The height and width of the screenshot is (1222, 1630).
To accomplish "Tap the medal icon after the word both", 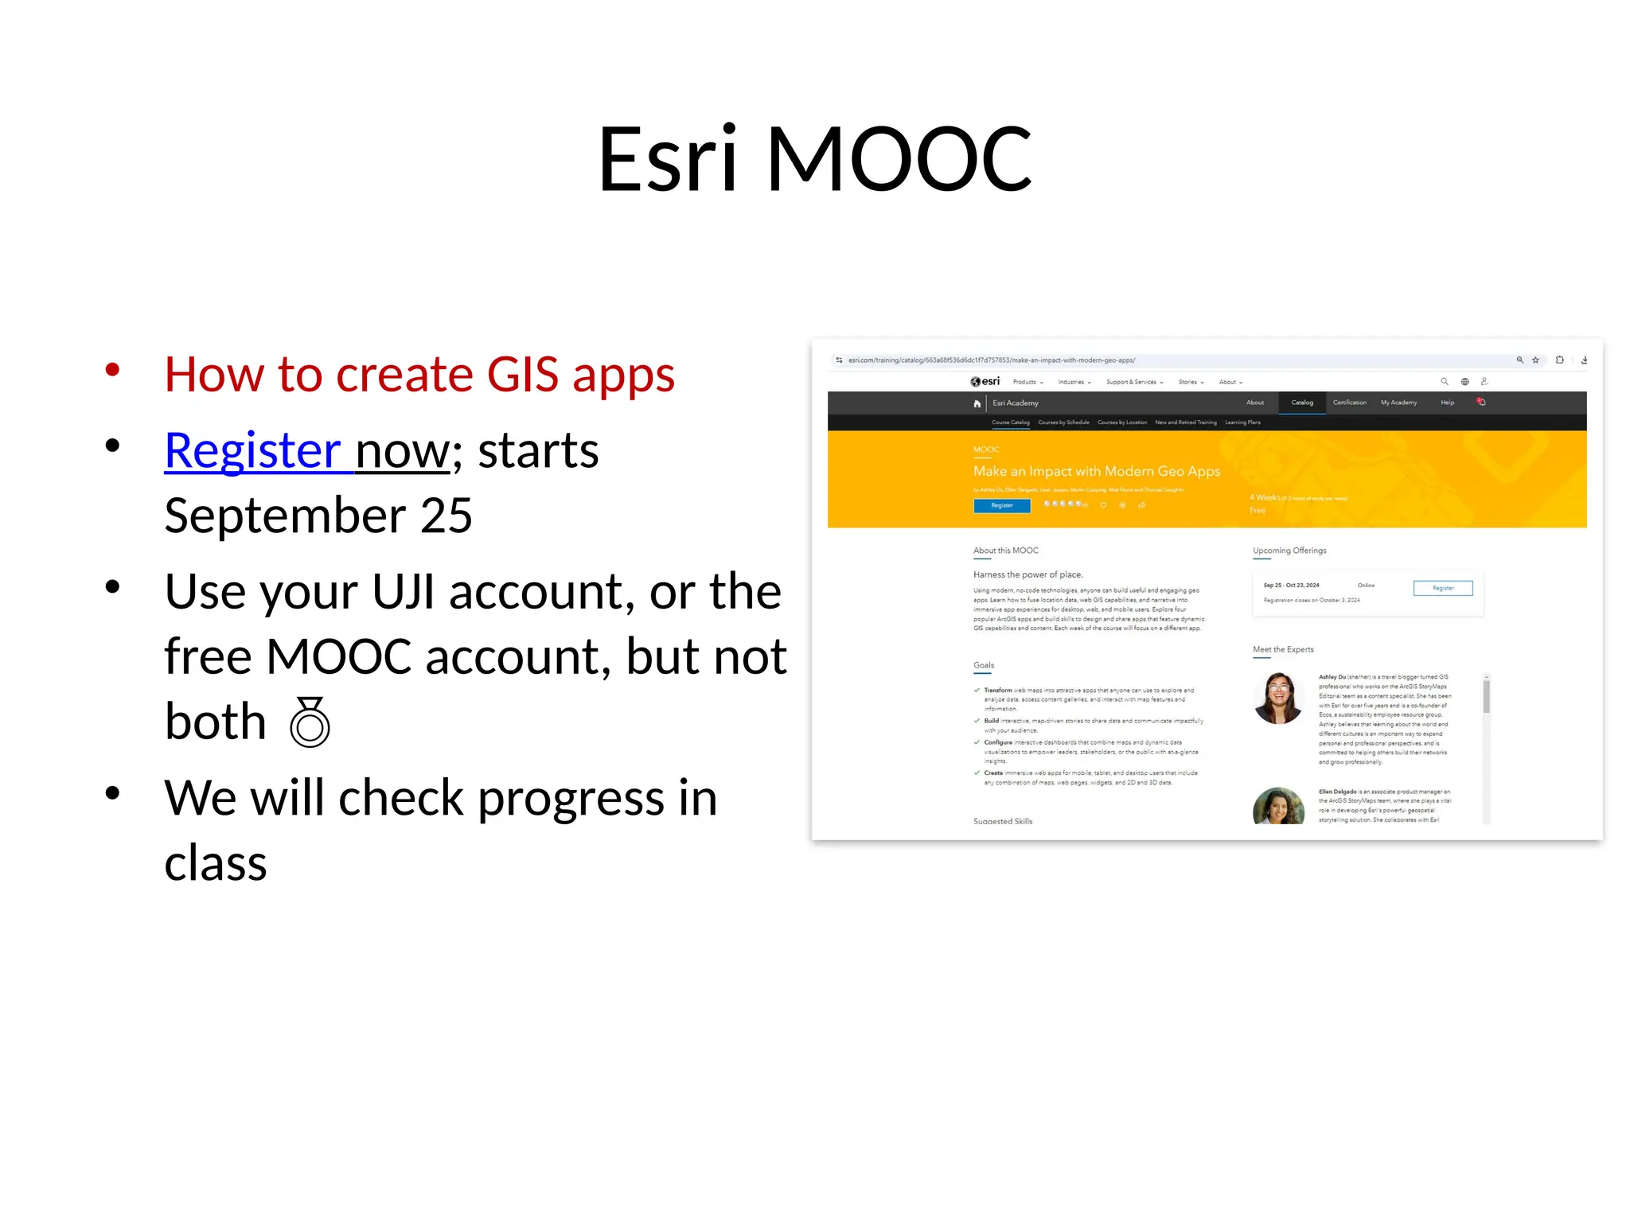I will click(310, 722).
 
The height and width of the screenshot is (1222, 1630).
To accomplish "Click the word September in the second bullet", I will click(284, 516).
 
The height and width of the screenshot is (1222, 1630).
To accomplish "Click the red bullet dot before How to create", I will click(112, 369).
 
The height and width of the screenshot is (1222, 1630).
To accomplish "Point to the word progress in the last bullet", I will click(570, 798).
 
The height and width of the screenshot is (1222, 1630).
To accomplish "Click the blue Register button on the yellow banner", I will click(1001, 505).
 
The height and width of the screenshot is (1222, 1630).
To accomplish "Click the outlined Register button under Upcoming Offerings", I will click(1442, 588).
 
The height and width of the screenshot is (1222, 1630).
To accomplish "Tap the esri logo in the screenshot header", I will click(985, 382).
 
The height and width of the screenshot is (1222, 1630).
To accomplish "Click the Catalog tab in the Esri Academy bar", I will click(1302, 403).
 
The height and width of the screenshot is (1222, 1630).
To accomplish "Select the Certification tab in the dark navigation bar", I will click(1349, 403).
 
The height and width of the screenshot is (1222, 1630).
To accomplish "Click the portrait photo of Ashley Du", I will click(1278, 698).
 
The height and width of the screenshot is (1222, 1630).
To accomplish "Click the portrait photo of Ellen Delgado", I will click(1278, 806).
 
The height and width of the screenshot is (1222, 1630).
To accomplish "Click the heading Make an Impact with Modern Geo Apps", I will click(1096, 471).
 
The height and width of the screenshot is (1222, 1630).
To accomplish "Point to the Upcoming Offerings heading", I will click(1289, 551).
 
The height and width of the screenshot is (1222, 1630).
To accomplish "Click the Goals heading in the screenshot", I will click(984, 665).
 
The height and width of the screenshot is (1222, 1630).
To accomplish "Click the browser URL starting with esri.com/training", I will click(991, 360).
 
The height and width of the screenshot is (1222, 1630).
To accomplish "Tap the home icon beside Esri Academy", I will click(977, 403).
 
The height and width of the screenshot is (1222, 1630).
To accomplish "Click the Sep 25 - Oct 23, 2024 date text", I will click(1291, 586).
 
